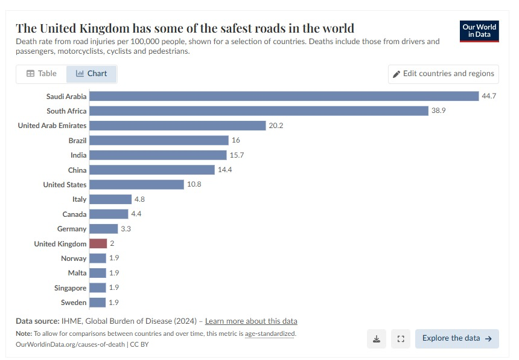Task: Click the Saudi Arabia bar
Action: (x=284, y=96)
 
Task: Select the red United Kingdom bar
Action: (x=98, y=243)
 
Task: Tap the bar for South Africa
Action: (x=259, y=111)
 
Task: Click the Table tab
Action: (x=42, y=74)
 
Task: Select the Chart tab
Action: (x=91, y=74)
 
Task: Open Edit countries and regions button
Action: (x=444, y=74)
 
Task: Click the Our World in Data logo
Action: (x=479, y=31)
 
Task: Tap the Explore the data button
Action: (x=457, y=338)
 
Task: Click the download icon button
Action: (x=376, y=339)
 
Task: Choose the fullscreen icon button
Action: (x=400, y=339)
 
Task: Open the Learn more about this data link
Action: (x=251, y=321)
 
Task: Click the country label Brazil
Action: (x=77, y=140)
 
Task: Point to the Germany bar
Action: (x=103, y=229)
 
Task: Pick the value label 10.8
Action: (x=194, y=184)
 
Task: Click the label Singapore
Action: (x=70, y=288)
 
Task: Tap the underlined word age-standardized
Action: (x=270, y=333)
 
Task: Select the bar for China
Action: (x=151, y=170)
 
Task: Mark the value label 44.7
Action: (x=489, y=96)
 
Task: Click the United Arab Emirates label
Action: (x=52, y=126)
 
